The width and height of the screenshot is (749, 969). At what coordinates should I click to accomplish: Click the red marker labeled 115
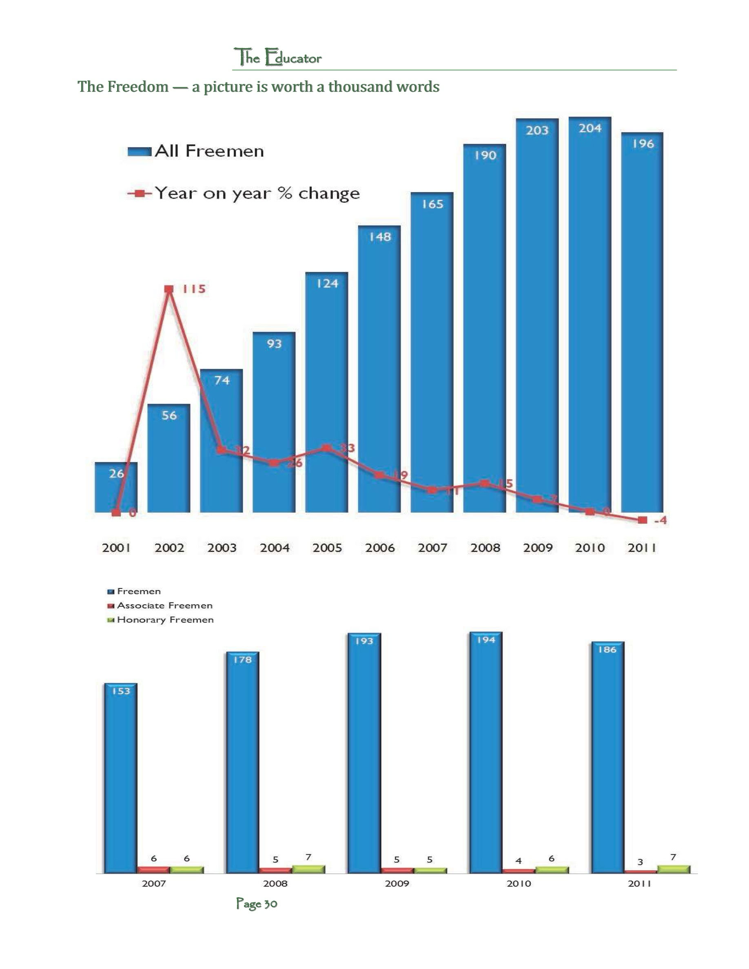168,289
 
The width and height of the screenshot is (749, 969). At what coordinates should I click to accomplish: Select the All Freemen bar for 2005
327,395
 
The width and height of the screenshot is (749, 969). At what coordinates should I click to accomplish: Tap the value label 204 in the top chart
590,128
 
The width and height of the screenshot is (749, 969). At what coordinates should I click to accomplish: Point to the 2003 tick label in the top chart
222,548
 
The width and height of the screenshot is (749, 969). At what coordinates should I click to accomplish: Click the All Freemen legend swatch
140,152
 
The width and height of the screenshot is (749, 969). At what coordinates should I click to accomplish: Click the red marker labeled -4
642,520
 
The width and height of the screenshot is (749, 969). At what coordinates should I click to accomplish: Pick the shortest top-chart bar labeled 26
116,488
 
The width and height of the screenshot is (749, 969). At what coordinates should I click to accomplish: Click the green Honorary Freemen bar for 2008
308,869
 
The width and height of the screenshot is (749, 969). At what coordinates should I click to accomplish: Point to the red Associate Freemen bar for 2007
153,869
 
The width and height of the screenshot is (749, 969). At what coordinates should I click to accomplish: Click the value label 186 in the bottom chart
607,650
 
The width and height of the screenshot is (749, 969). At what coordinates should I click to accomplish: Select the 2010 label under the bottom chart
519,883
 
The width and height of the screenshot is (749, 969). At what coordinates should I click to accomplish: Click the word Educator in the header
293,58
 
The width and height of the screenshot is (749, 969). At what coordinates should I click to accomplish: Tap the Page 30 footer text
257,904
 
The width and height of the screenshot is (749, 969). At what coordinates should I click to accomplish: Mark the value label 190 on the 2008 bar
485,155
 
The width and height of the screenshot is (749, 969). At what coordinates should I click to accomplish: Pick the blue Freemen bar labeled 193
364,754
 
